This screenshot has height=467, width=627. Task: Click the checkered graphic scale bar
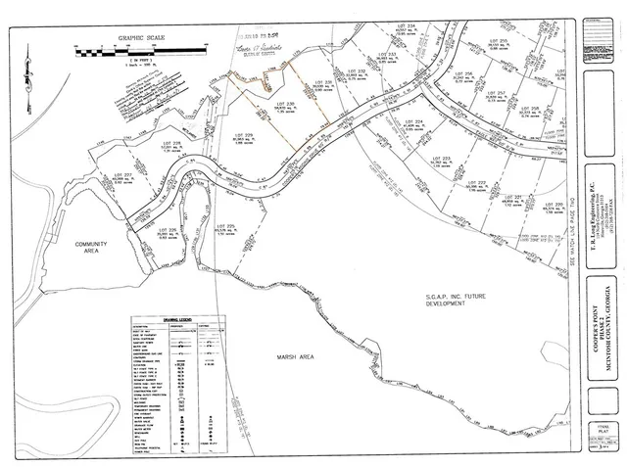[x=139, y=48]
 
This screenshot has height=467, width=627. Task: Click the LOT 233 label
[x=385, y=53]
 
